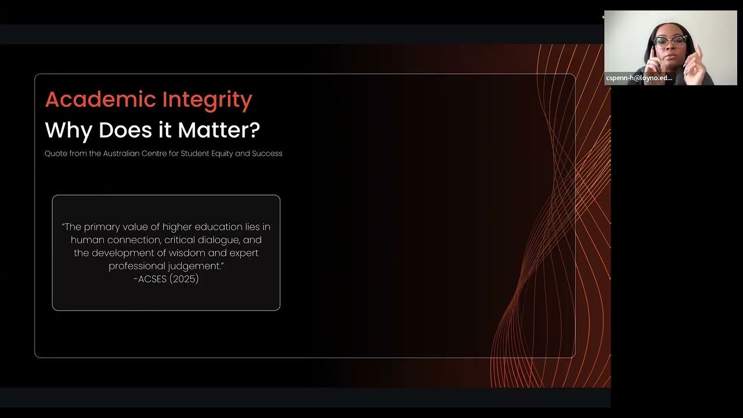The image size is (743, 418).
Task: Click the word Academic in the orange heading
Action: [100, 99]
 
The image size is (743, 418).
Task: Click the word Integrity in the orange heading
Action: [207, 100]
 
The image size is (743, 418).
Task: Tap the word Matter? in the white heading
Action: [219, 129]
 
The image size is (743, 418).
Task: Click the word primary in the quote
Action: [103, 226]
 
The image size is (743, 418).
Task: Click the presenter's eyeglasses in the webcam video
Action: [671, 42]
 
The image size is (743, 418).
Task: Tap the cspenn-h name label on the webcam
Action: [639, 78]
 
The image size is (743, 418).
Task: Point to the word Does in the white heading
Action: [118, 130]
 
